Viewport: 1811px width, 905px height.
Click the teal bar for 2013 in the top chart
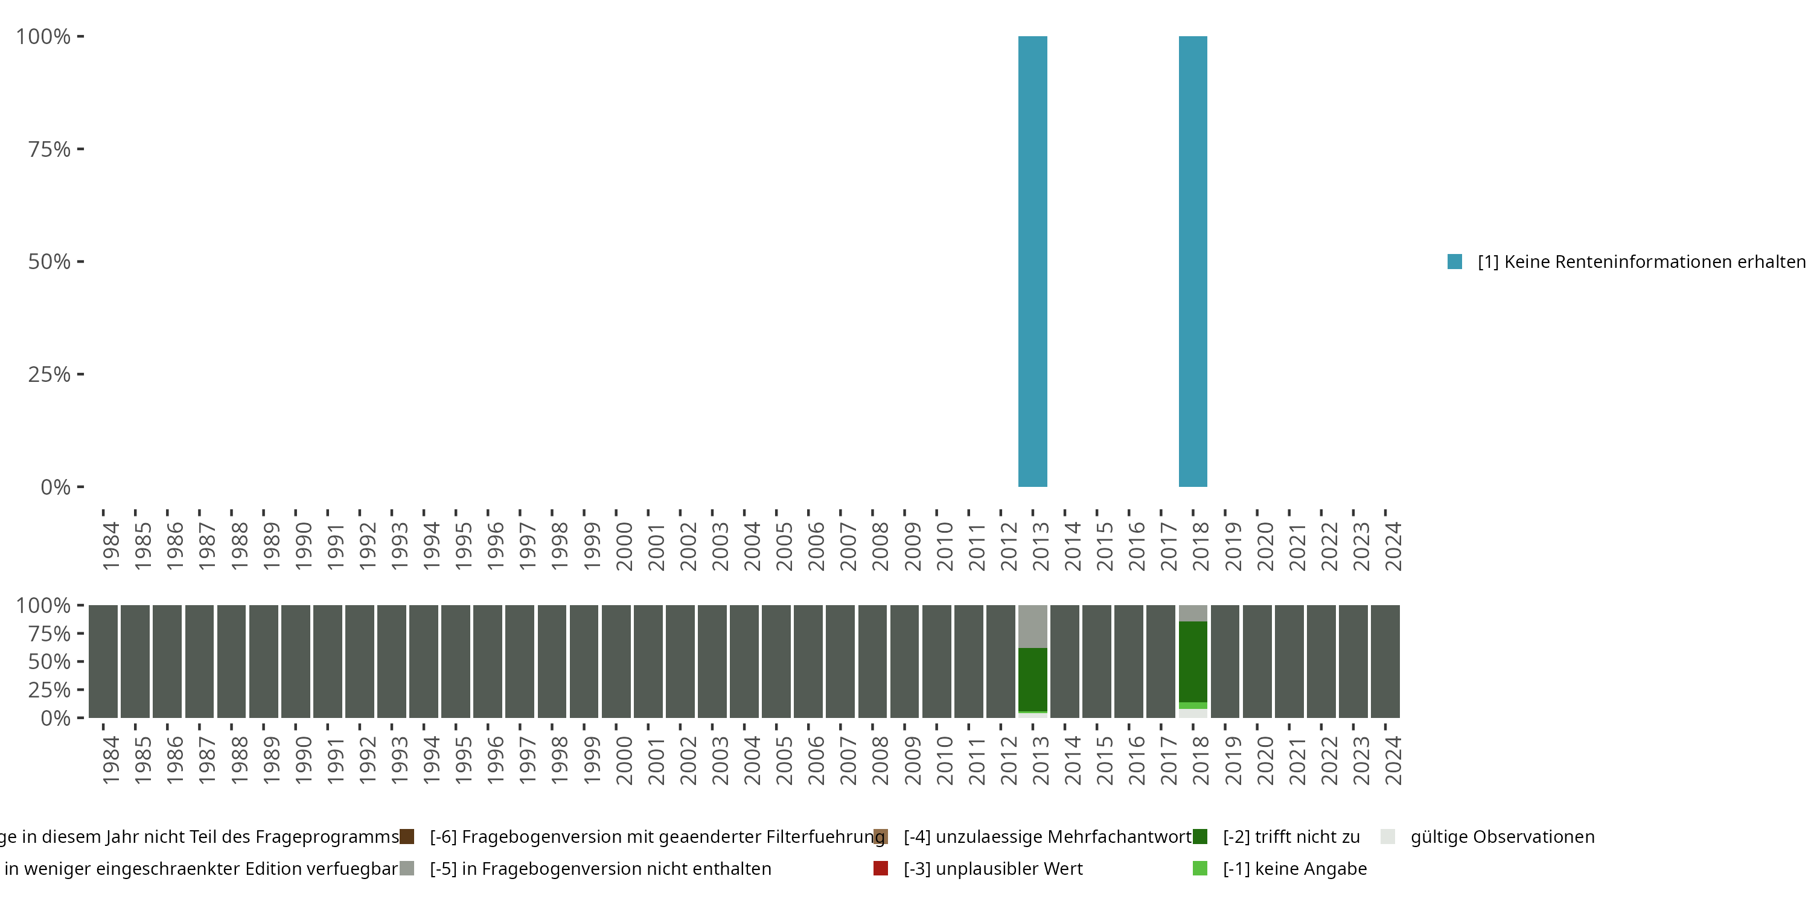1032,261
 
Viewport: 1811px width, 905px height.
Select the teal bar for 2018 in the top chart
1192,261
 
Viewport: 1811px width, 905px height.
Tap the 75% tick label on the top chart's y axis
50,149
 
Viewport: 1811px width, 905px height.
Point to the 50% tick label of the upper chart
50,261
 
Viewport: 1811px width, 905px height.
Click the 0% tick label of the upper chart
55,487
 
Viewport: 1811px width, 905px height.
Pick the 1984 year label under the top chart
110,546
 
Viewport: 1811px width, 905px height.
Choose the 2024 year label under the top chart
1393,546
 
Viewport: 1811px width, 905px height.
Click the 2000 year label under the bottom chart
624,760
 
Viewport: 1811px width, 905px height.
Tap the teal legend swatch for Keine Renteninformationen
1455,261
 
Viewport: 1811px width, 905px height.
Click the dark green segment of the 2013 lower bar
1032,679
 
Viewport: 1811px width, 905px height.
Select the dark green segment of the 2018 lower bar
1192,661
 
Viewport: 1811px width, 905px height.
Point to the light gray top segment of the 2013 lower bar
1032,626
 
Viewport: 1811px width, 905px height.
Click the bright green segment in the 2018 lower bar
1192,705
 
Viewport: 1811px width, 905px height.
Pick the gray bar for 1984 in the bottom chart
103,661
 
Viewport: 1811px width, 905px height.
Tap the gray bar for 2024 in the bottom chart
1385,661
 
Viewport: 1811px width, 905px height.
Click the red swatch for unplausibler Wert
880,868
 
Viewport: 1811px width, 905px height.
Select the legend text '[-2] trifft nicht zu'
1291,837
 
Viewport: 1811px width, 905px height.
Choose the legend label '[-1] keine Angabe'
1294,868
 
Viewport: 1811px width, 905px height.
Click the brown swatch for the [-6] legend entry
406,837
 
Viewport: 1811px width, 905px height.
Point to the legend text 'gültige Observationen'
1502,837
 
